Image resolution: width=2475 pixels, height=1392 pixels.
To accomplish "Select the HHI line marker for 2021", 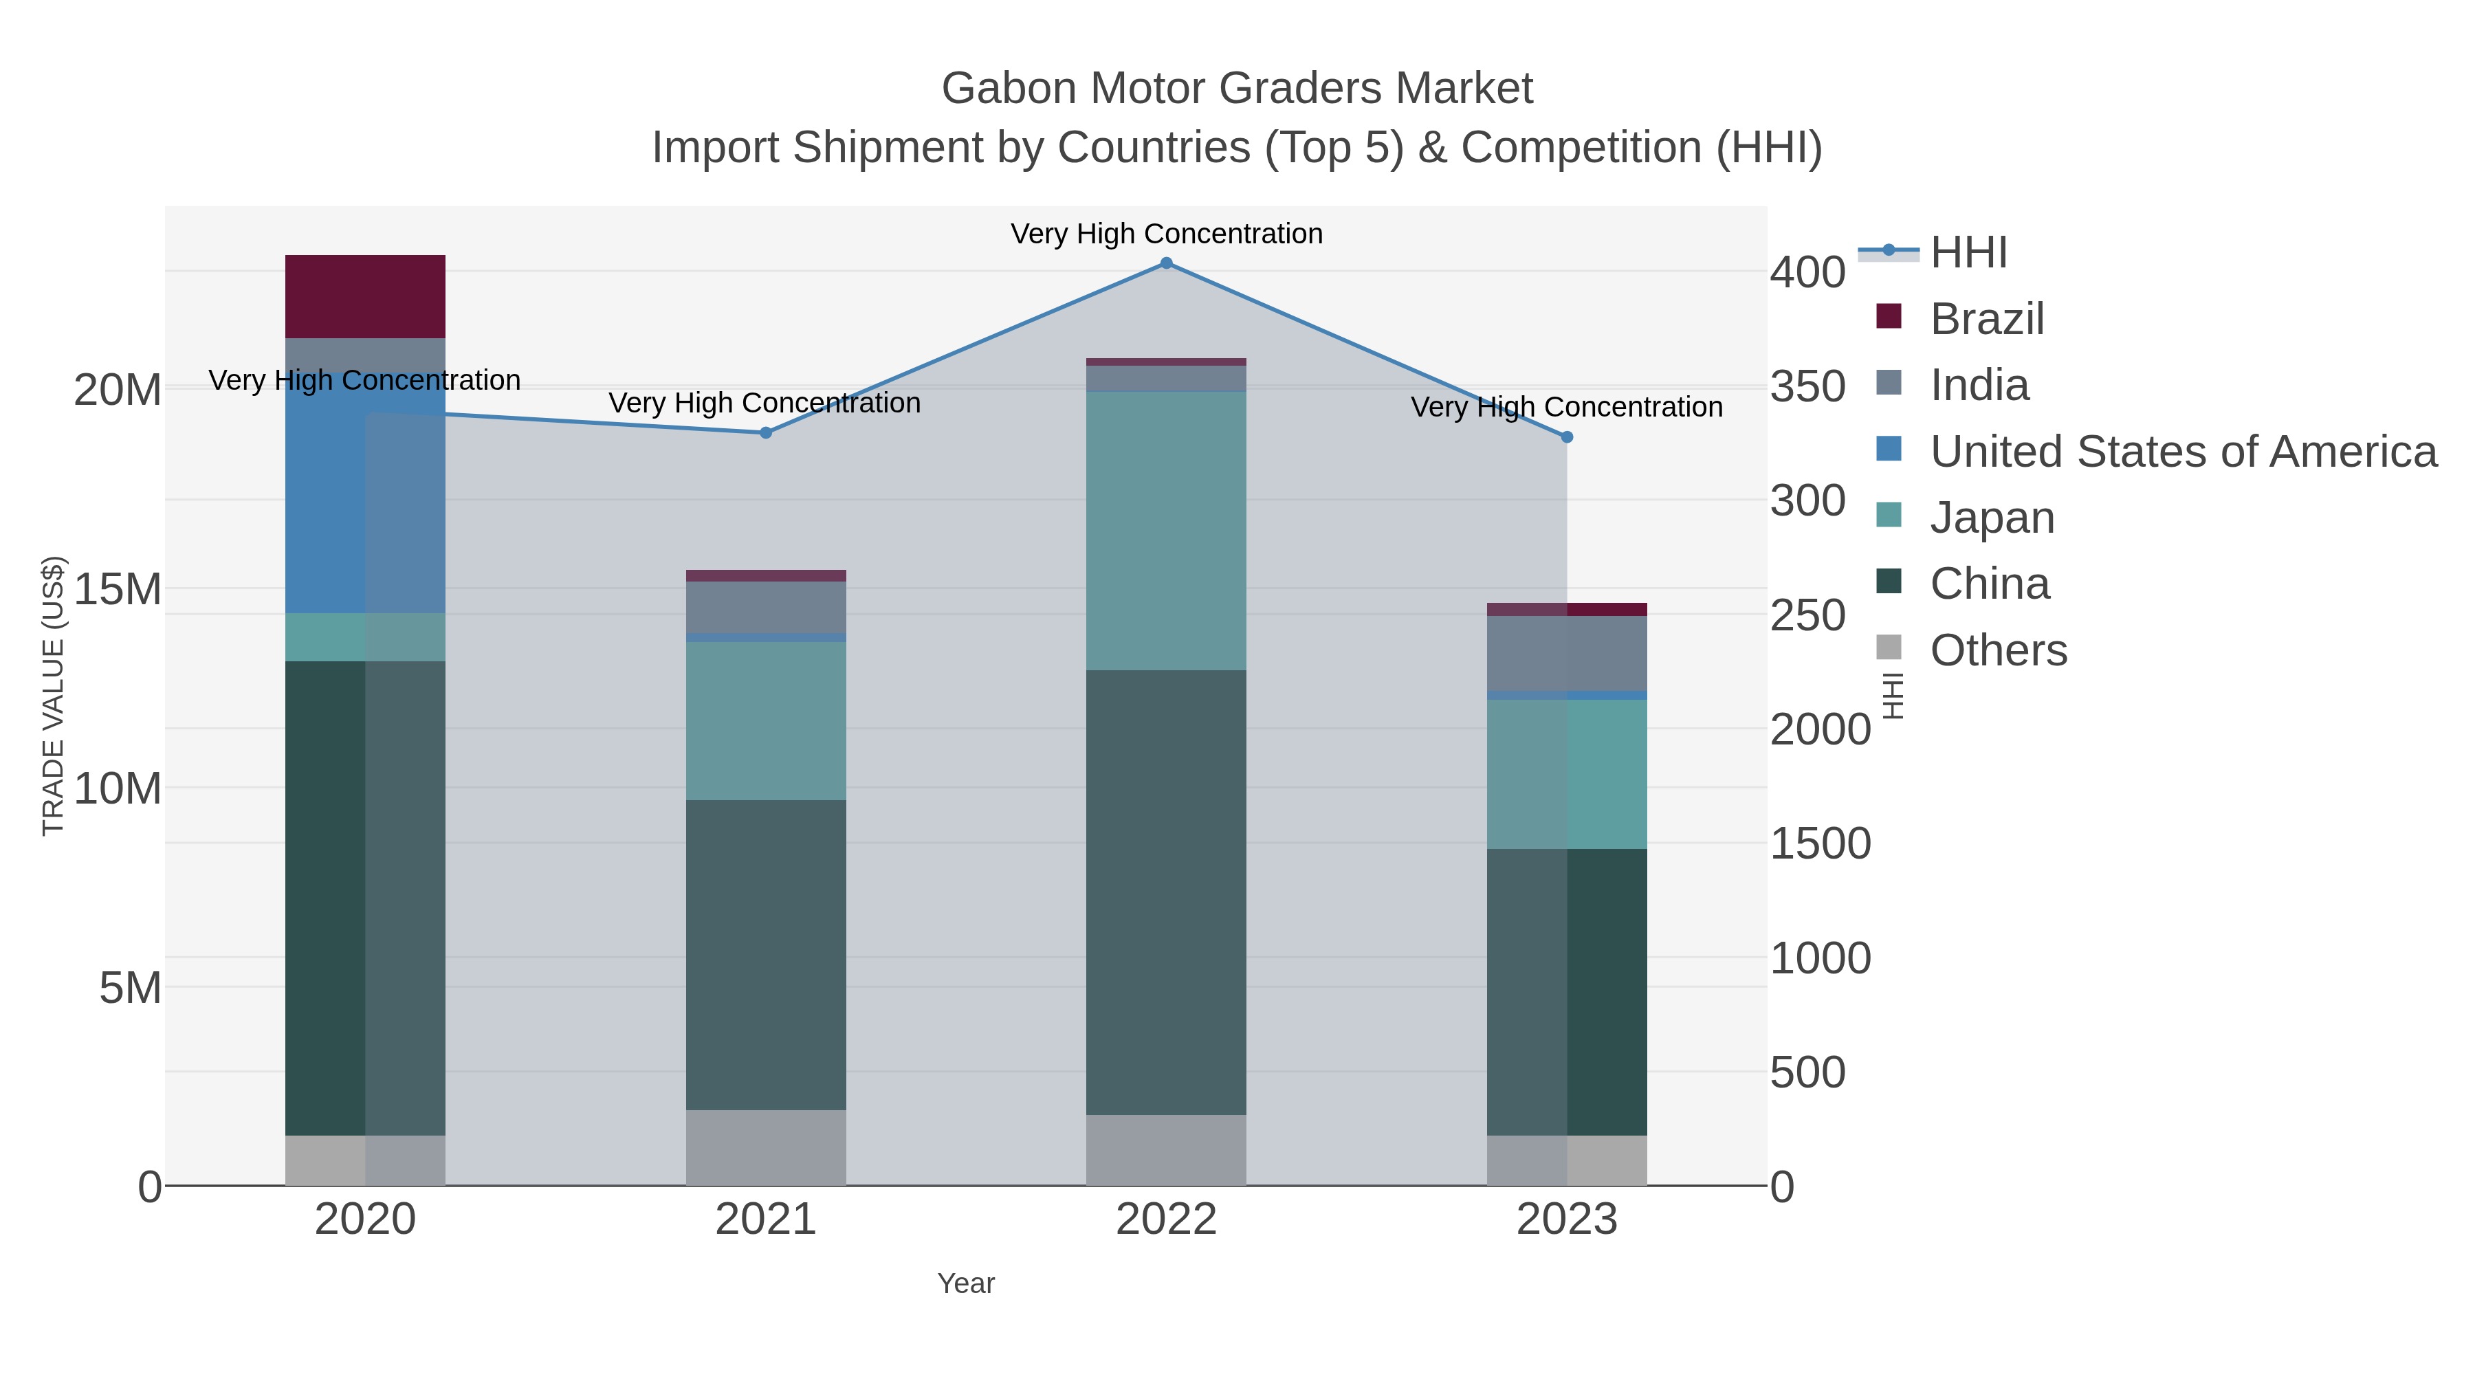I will click(766, 433).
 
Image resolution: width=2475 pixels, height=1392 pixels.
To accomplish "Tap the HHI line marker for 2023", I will click(1566, 437).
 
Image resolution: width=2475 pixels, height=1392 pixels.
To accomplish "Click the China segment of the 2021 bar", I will click(766, 955).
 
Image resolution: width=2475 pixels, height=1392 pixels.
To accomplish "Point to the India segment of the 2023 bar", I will click(1566, 653).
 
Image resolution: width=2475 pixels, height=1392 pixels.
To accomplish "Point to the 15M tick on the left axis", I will click(117, 589).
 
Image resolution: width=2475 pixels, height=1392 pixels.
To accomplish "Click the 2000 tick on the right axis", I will click(1820, 730).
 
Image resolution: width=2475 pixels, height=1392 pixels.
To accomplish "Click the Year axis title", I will click(966, 1283).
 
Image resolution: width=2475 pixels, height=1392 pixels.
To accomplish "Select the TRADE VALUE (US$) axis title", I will click(54, 696).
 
